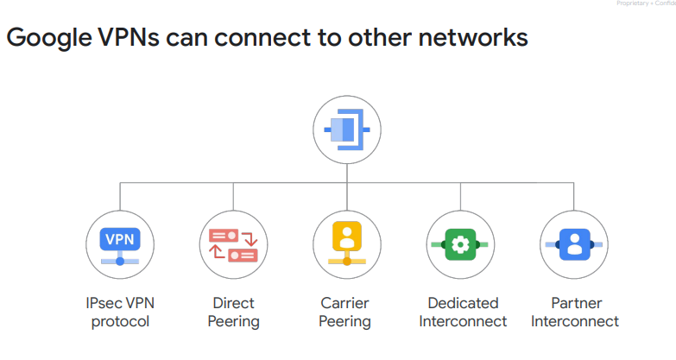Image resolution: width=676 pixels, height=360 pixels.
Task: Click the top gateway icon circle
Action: click(346, 129)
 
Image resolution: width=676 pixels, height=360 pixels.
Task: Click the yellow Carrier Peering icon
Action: click(346, 243)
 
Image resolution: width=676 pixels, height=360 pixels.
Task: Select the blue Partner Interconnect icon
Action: click(573, 244)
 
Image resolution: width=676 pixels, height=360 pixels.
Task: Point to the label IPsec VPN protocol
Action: click(120, 313)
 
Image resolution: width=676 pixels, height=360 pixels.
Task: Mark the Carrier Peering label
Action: click(346, 313)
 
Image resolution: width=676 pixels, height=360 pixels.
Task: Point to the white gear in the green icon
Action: click(460, 244)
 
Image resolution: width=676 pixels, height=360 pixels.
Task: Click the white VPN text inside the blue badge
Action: click(120, 237)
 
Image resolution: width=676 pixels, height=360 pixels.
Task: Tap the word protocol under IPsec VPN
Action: click(120, 322)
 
